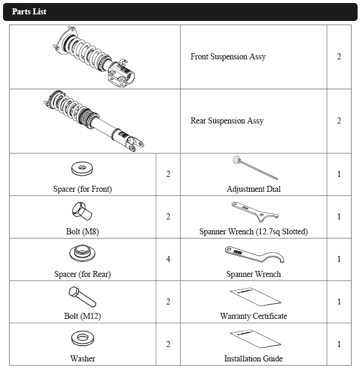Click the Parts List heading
pos(29,12)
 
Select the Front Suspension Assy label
pos(228,57)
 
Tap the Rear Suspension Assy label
pos(227,121)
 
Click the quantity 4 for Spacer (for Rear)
pos(168,260)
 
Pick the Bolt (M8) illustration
pos(82,211)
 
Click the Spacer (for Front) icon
pos(82,168)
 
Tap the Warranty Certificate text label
pos(253,316)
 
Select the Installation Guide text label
pos(253,359)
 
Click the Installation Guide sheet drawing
pos(254,339)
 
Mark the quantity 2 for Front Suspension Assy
pos(339,57)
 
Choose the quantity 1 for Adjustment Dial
pos(339,174)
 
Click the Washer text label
pos(82,359)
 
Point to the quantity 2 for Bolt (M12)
pos(168,302)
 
